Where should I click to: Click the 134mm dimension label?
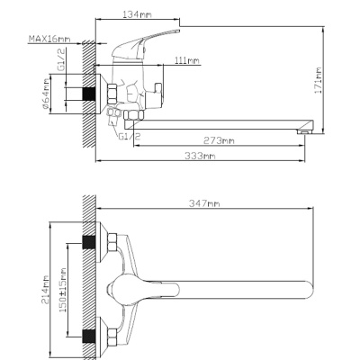[137, 14]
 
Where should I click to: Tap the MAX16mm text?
[49, 39]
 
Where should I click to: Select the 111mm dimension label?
[187, 60]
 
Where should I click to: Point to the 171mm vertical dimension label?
[318, 80]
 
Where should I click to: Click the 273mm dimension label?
[219, 140]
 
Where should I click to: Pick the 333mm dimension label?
[200, 156]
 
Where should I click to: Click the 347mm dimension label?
[204, 203]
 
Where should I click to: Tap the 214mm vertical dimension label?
[45, 290]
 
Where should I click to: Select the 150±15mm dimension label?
[63, 290]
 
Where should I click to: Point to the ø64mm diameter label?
[46, 94]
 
